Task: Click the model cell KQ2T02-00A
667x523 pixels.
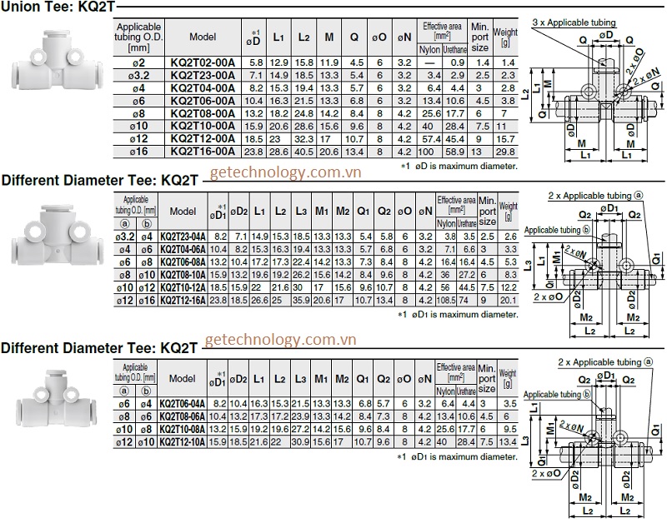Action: pos(203,62)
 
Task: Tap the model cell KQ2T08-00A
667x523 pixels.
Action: pos(203,113)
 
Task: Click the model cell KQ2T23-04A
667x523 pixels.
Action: pos(182,237)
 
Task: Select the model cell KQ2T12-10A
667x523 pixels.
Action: pos(182,441)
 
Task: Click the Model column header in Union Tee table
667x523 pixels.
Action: pos(203,37)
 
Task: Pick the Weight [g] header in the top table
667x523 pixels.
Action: pos(505,37)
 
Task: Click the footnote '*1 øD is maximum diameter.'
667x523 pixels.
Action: pos(459,166)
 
